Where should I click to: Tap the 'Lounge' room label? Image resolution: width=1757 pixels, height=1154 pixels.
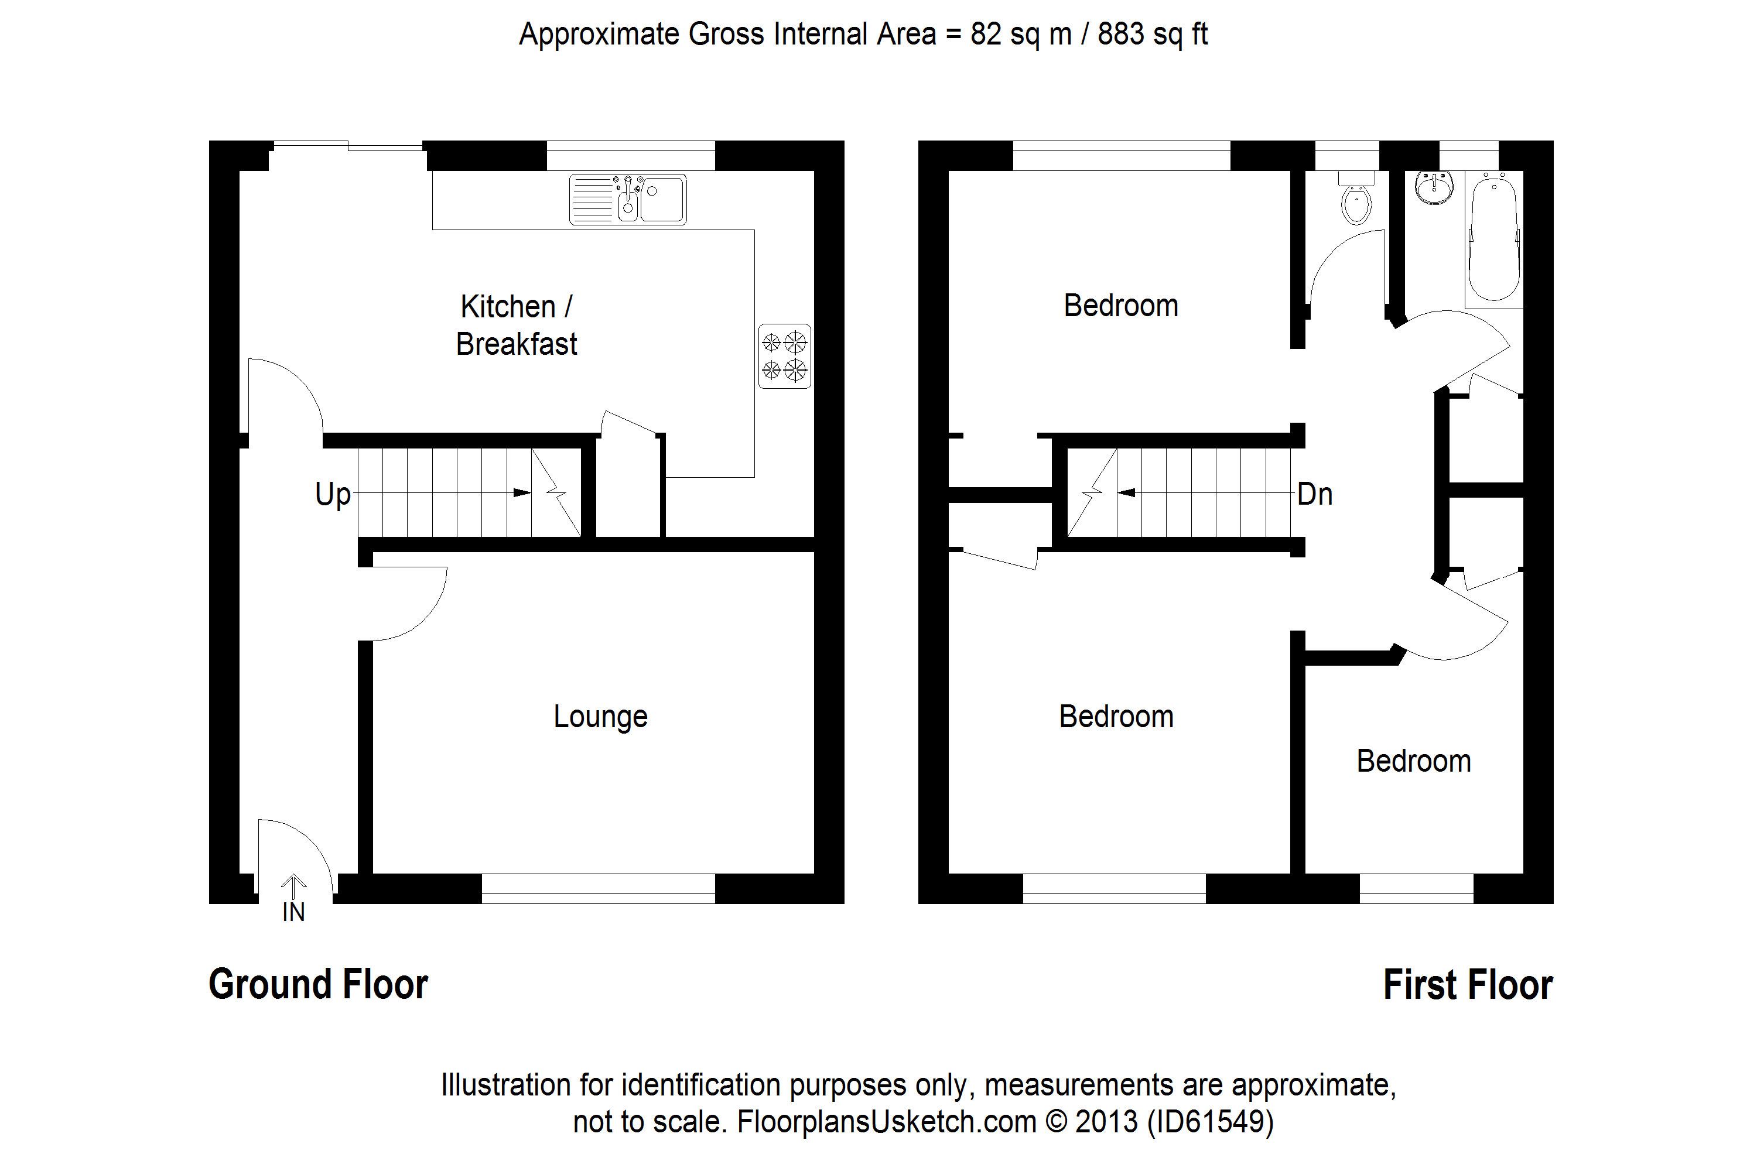600,717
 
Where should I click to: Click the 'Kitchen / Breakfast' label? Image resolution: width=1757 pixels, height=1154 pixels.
516,326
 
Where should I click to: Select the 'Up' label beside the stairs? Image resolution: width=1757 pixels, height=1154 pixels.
332,494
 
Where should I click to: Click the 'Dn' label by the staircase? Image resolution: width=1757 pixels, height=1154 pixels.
1315,494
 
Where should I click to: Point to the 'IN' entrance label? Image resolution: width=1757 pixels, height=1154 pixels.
293,913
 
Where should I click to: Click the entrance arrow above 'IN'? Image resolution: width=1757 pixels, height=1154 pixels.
293,885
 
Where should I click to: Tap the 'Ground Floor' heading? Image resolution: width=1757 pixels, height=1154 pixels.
318,984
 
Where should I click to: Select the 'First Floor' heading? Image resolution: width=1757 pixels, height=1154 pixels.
1468,985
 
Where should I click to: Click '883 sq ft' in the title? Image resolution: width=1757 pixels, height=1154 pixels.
1153,34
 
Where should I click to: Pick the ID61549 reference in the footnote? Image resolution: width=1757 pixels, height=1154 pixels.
1211,1122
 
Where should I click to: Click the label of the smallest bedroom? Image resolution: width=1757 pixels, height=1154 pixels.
1414,761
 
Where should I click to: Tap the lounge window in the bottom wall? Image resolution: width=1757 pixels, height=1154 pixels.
598,888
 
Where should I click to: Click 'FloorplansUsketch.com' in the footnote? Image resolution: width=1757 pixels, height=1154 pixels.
887,1122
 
